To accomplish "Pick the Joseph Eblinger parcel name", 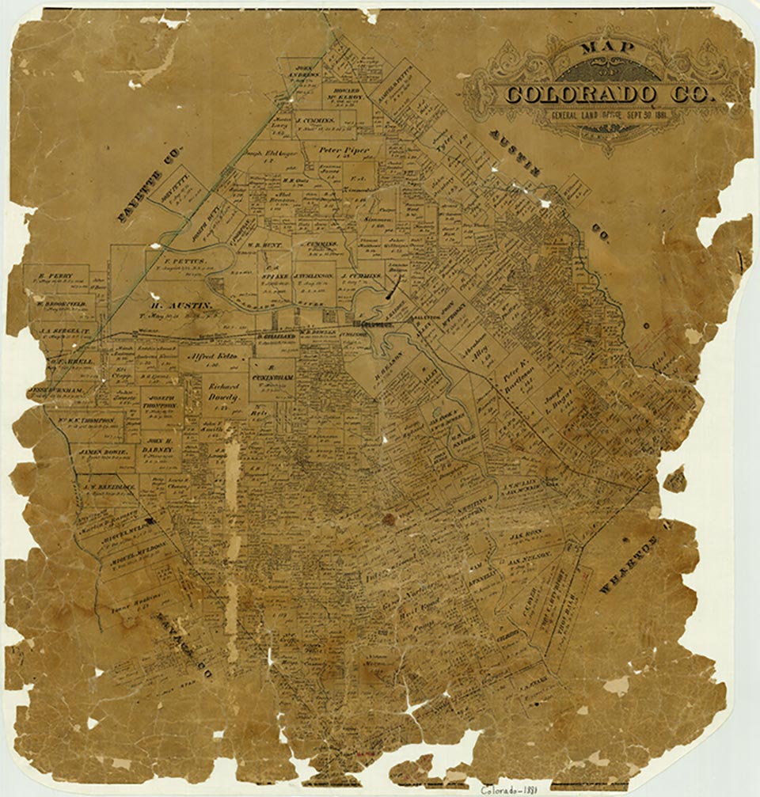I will pos(268,154).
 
